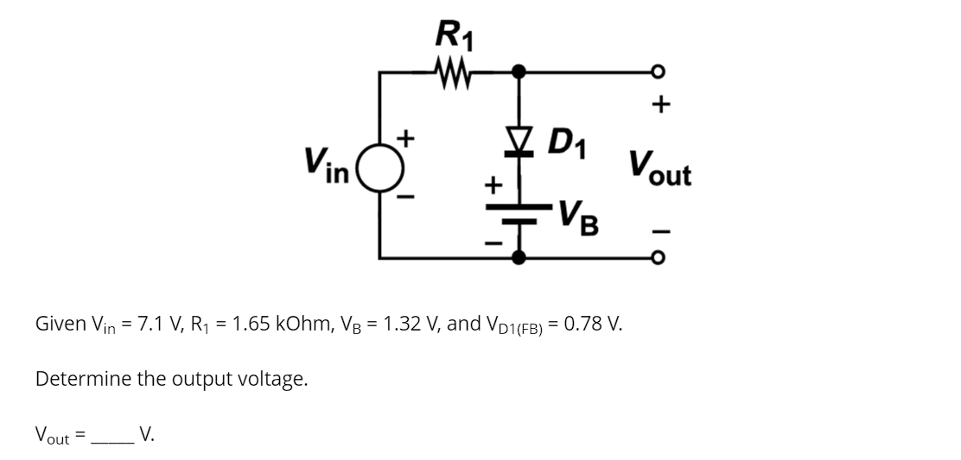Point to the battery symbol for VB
pyautogui.click(x=519, y=214)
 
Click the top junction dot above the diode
pyautogui.click(x=519, y=71)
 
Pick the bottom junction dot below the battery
pyautogui.click(x=519, y=256)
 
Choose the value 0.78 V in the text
pyautogui.click(x=591, y=325)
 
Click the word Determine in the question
pyautogui.click(x=83, y=378)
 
